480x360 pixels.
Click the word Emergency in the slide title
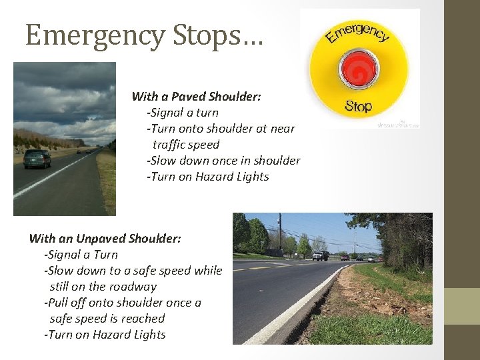(94, 35)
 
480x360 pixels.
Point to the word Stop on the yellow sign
(358, 106)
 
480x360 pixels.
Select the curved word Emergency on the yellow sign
(357, 33)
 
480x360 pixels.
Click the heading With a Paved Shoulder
(196, 97)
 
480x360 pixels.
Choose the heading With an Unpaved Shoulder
(105, 238)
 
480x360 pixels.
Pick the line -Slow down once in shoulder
(223, 161)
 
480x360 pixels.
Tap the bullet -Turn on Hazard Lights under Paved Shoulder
(207, 177)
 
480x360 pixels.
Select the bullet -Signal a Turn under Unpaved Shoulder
(81, 254)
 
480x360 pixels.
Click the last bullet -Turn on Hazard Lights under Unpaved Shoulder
(105, 335)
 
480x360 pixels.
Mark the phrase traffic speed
(185, 145)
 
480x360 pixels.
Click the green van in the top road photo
(37, 158)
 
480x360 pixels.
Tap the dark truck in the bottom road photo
(320, 255)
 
